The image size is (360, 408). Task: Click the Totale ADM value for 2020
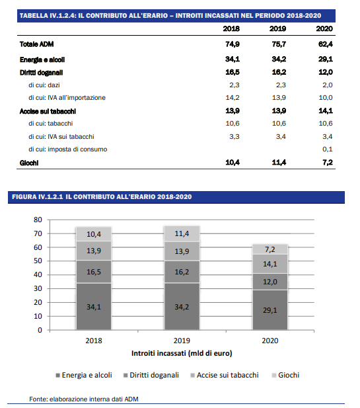click(326, 44)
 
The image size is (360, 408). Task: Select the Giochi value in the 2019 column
click(279, 163)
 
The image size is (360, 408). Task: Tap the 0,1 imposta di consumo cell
click(328, 149)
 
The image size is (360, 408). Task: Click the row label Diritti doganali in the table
click(42, 73)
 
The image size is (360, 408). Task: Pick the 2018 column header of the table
click(231, 28)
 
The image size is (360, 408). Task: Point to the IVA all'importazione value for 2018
click(233, 98)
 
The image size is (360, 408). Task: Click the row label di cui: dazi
click(44, 85)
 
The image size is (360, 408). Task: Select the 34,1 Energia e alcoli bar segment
click(94, 307)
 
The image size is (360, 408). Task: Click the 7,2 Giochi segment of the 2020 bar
click(270, 249)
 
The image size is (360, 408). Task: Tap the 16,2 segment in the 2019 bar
click(182, 272)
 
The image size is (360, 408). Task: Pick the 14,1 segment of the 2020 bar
click(270, 264)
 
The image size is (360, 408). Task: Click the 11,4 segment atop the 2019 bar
click(182, 233)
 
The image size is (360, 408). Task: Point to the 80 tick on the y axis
click(38, 220)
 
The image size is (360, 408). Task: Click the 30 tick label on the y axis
click(38, 288)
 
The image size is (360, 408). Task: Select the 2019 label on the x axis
click(182, 341)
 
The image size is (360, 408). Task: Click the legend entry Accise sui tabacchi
click(225, 375)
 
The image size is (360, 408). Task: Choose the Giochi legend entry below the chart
click(285, 375)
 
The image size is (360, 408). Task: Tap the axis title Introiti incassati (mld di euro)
click(182, 353)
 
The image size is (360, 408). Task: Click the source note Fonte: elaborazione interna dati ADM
click(84, 399)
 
